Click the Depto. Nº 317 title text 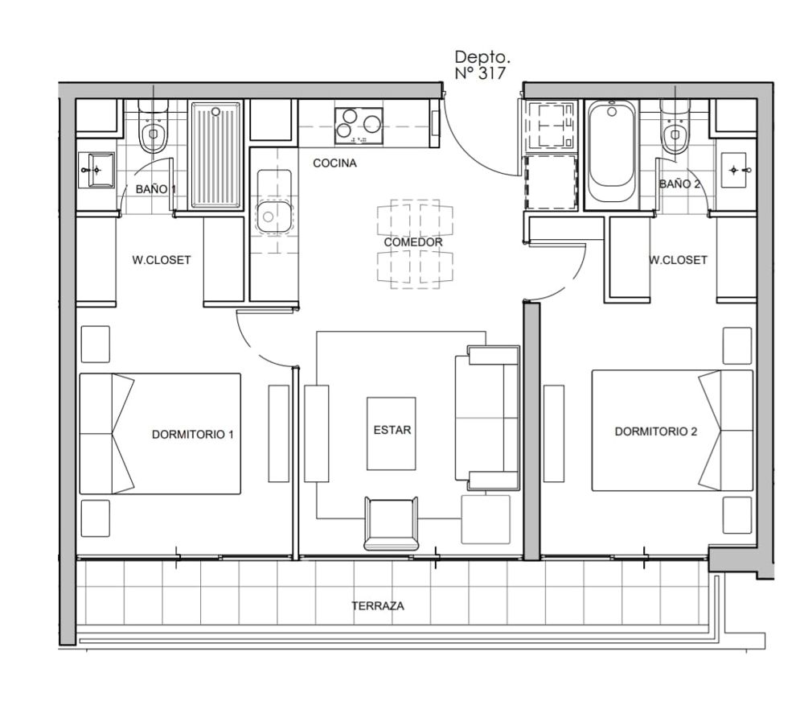click(x=481, y=64)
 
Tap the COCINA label click(x=334, y=163)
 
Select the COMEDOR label click(x=413, y=242)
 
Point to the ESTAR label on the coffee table click(x=392, y=430)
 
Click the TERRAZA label click(x=378, y=605)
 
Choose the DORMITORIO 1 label click(x=193, y=435)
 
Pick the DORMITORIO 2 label click(x=656, y=431)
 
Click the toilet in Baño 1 click(x=153, y=126)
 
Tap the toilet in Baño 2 click(x=675, y=126)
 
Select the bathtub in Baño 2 click(x=611, y=153)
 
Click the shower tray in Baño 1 click(x=215, y=155)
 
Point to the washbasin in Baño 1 click(x=96, y=170)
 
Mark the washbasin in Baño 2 click(x=736, y=169)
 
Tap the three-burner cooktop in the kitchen click(x=359, y=126)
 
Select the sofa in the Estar click(x=487, y=418)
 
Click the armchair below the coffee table click(x=392, y=523)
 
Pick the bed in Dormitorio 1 click(x=160, y=434)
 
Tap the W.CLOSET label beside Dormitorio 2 click(x=679, y=260)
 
